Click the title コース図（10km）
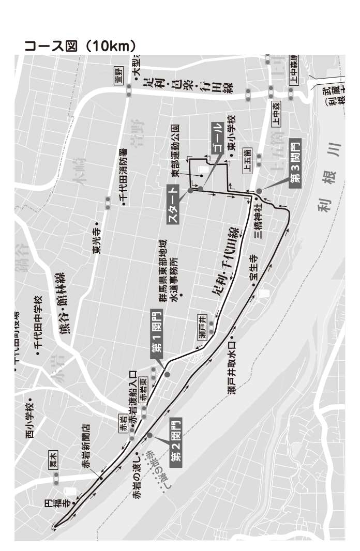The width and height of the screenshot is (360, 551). click(80, 45)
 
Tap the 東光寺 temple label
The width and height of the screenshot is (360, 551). click(97, 240)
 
